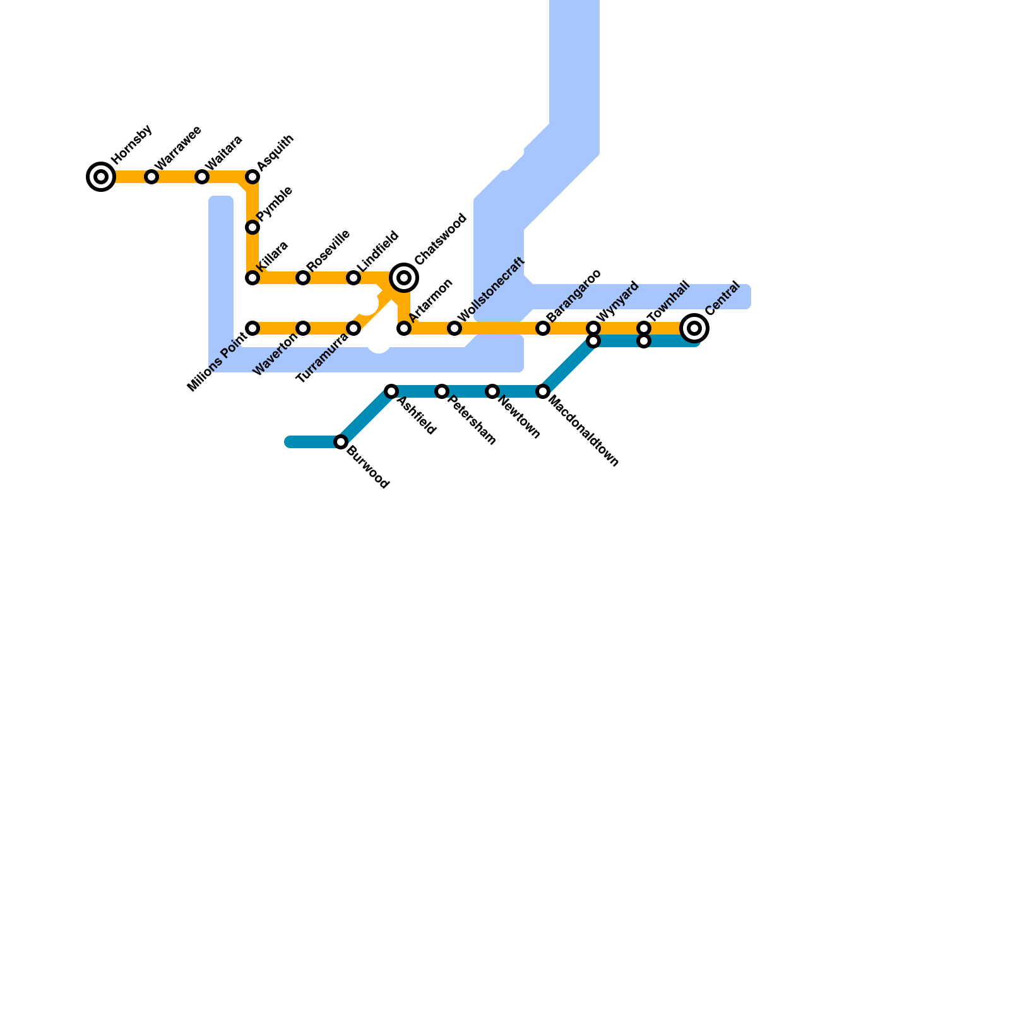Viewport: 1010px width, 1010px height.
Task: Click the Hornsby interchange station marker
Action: tap(101, 177)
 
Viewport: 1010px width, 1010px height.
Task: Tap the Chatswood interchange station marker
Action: tap(404, 278)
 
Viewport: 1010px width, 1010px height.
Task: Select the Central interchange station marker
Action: tap(694, 328)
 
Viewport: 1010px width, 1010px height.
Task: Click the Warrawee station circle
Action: tap(151, 177)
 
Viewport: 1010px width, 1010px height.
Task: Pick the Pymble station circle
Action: tap(252, 227)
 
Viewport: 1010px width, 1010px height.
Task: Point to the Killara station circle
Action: tap(252, 278)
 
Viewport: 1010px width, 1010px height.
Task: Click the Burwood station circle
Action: tap(341, 442)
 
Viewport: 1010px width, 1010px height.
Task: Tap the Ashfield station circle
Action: tap(391, 391)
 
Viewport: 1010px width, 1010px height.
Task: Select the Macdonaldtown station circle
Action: tap(543, 391)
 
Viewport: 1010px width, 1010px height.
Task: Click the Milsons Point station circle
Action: tap(252, 328)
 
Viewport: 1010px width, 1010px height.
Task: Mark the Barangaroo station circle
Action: tap(543, 328)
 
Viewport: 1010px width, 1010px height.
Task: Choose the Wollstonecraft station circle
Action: tap(454, 328)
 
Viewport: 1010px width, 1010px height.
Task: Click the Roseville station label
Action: tap(328, 251)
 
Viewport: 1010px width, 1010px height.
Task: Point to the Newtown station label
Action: tap(520, 416)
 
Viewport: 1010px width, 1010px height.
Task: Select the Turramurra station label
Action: tap(322, 358)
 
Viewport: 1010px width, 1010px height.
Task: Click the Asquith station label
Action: tap(275, 152)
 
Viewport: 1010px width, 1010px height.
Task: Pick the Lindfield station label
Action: tap(378, 251)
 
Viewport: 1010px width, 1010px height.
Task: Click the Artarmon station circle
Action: tap(404, 328)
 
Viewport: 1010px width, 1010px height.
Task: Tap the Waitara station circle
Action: tap(202, 177)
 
